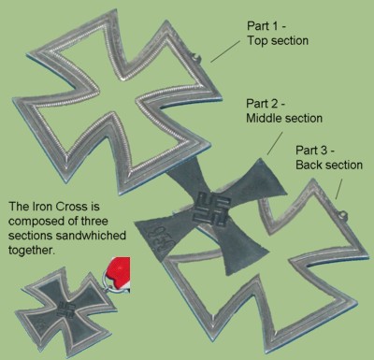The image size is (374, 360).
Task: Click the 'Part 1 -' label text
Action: coord(266,25)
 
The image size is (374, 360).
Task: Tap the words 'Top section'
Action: coord(278,40)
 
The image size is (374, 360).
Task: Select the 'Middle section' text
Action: coord(284,118)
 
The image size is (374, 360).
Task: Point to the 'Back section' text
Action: coord(329,165)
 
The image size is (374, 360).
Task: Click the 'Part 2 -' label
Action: coord(266,103)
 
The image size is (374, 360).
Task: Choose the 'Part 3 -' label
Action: coord(315,150)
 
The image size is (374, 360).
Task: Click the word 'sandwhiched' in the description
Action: coord(91,235)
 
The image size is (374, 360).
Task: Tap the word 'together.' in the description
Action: coord(32,250)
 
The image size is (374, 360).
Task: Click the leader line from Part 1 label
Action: coord(225,51)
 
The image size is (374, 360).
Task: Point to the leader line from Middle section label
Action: coord(275,143)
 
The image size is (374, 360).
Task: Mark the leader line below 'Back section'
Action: coord(338,189)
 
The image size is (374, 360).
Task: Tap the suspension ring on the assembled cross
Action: coord(108,281)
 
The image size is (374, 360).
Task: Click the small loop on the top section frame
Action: coord(196,57)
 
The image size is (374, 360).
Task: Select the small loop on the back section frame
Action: coord(343,214)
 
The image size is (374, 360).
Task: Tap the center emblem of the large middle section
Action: coord(212,209)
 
